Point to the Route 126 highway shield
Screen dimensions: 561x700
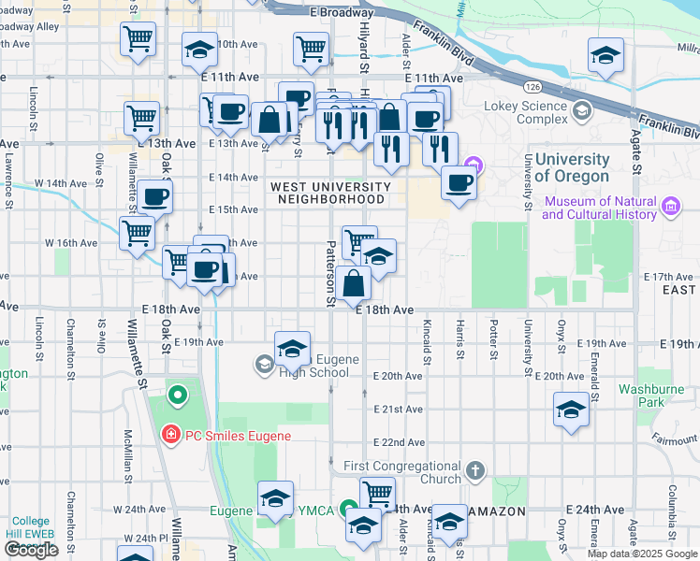pos(532,86)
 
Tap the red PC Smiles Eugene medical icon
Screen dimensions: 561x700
pos(169,435)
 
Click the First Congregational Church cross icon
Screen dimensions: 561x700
pos(475,468)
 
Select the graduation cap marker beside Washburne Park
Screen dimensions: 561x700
pos(571,410)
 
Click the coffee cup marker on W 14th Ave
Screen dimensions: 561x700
pos(156,196)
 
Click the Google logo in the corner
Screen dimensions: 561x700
pos(31,550)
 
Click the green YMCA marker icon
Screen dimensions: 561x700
pos(349,511)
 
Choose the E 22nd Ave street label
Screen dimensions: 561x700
pos(400,442)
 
